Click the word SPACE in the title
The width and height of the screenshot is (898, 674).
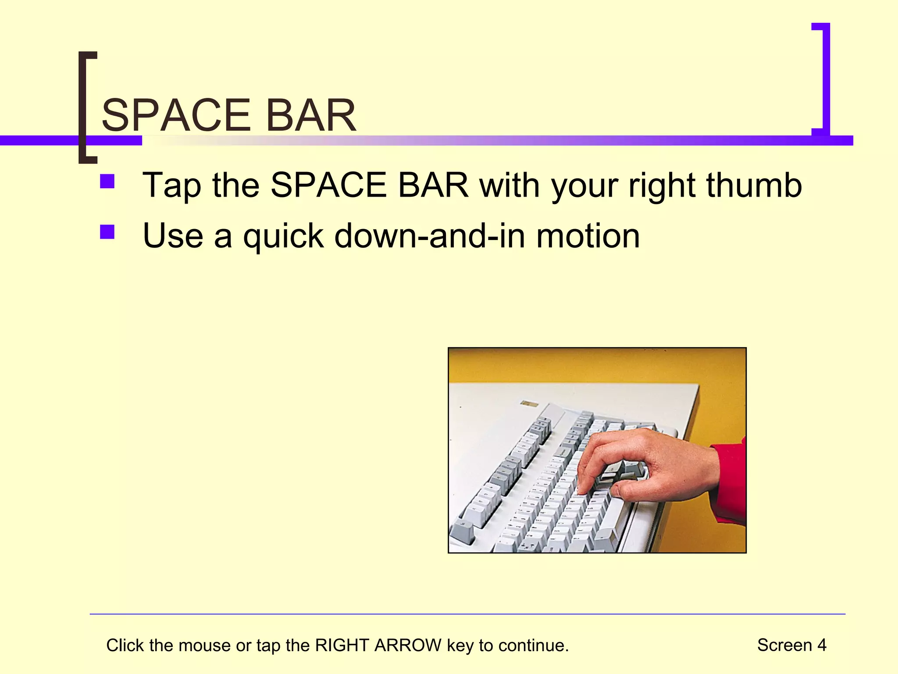pos(175,115)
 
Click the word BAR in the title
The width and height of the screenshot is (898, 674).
pos(311,115)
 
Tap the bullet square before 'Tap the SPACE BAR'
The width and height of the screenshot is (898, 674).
pos(107,182)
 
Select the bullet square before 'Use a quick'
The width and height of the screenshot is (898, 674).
pos(107,232)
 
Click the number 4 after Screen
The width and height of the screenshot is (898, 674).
pos(821,645)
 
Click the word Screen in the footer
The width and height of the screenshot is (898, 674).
pos(784,645)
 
